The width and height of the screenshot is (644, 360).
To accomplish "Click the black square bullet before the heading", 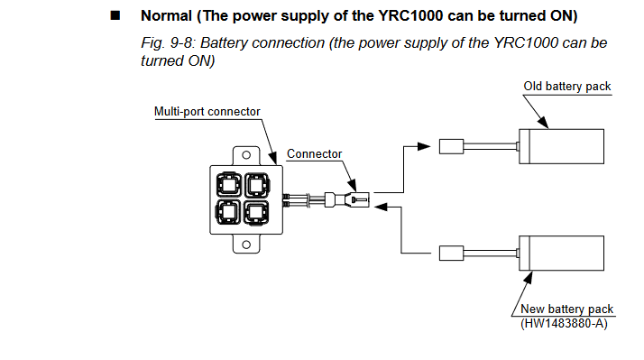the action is [x=115, y=15].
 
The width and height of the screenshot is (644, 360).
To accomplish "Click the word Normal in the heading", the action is [x=166, y=15].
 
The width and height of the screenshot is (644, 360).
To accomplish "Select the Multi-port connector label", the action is [x=207, y=111].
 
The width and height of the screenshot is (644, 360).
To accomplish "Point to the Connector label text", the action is [x=314, y=153].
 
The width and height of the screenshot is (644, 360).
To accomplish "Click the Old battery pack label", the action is [x=567, y=87].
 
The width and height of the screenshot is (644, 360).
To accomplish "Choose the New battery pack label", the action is [x=566, y=309].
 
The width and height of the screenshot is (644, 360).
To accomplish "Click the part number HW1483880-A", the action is [x=564, y=323].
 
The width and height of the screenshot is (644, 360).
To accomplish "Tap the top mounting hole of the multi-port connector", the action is [x=246, y=155].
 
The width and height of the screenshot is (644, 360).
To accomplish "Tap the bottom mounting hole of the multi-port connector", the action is [x=246, y=245].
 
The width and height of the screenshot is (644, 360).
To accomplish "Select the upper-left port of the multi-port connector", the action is [x=228, y=185].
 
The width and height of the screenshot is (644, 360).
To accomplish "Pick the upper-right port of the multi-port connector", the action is [x=257, y=185].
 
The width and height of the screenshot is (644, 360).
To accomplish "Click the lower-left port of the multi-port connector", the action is [x=228, y=212].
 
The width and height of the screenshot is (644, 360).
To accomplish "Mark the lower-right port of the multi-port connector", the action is [x=257, y=212].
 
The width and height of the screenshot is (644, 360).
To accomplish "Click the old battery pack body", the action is [x=561, y=146].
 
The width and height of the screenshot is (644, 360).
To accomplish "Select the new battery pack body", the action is [x=561, y=254].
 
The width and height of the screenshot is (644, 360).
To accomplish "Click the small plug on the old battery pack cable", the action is [x=451, y=147].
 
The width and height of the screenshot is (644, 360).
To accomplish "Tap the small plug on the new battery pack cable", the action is [x=451, y=254].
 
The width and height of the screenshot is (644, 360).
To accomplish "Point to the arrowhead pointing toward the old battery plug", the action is [x=424, y=146].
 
